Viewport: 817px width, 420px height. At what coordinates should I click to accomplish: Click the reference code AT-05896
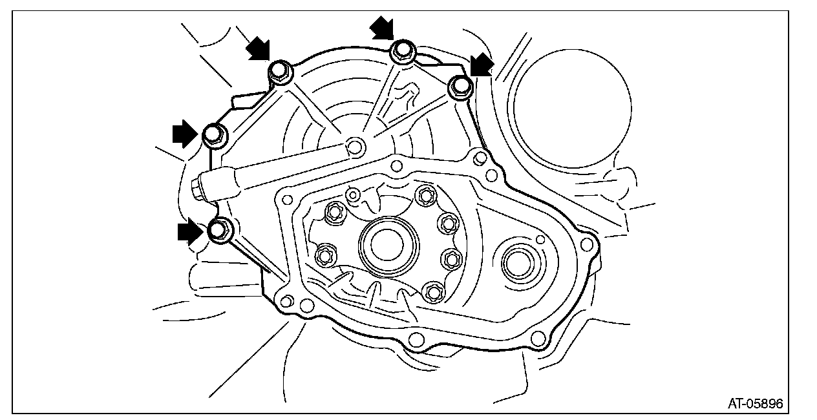[x=756, y=404]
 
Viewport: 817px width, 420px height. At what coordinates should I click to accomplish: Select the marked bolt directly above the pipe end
[x=213, y=135]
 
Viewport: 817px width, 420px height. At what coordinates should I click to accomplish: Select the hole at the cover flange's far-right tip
[x=586, y=243]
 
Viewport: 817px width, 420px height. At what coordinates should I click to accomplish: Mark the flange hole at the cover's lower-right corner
[x=536, y=338]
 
